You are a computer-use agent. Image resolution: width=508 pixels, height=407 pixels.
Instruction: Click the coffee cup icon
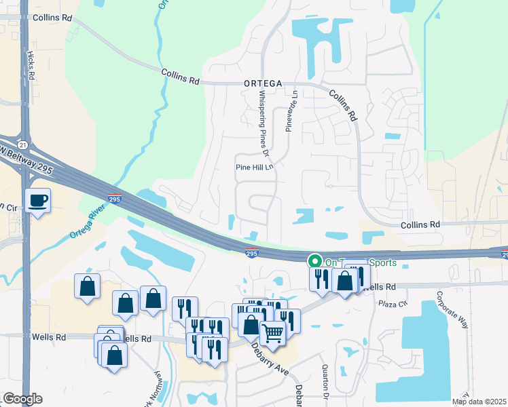pos(38,200)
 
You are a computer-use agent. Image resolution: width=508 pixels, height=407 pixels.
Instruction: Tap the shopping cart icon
pos(272,334)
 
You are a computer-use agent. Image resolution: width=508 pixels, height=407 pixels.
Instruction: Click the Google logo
pos(22,399)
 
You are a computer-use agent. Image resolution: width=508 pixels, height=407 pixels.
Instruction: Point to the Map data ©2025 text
pos(479,402)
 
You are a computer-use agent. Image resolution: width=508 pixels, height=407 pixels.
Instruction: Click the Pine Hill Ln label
pos(253,167)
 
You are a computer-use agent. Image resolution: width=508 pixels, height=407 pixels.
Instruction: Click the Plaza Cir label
pos(393,303)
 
